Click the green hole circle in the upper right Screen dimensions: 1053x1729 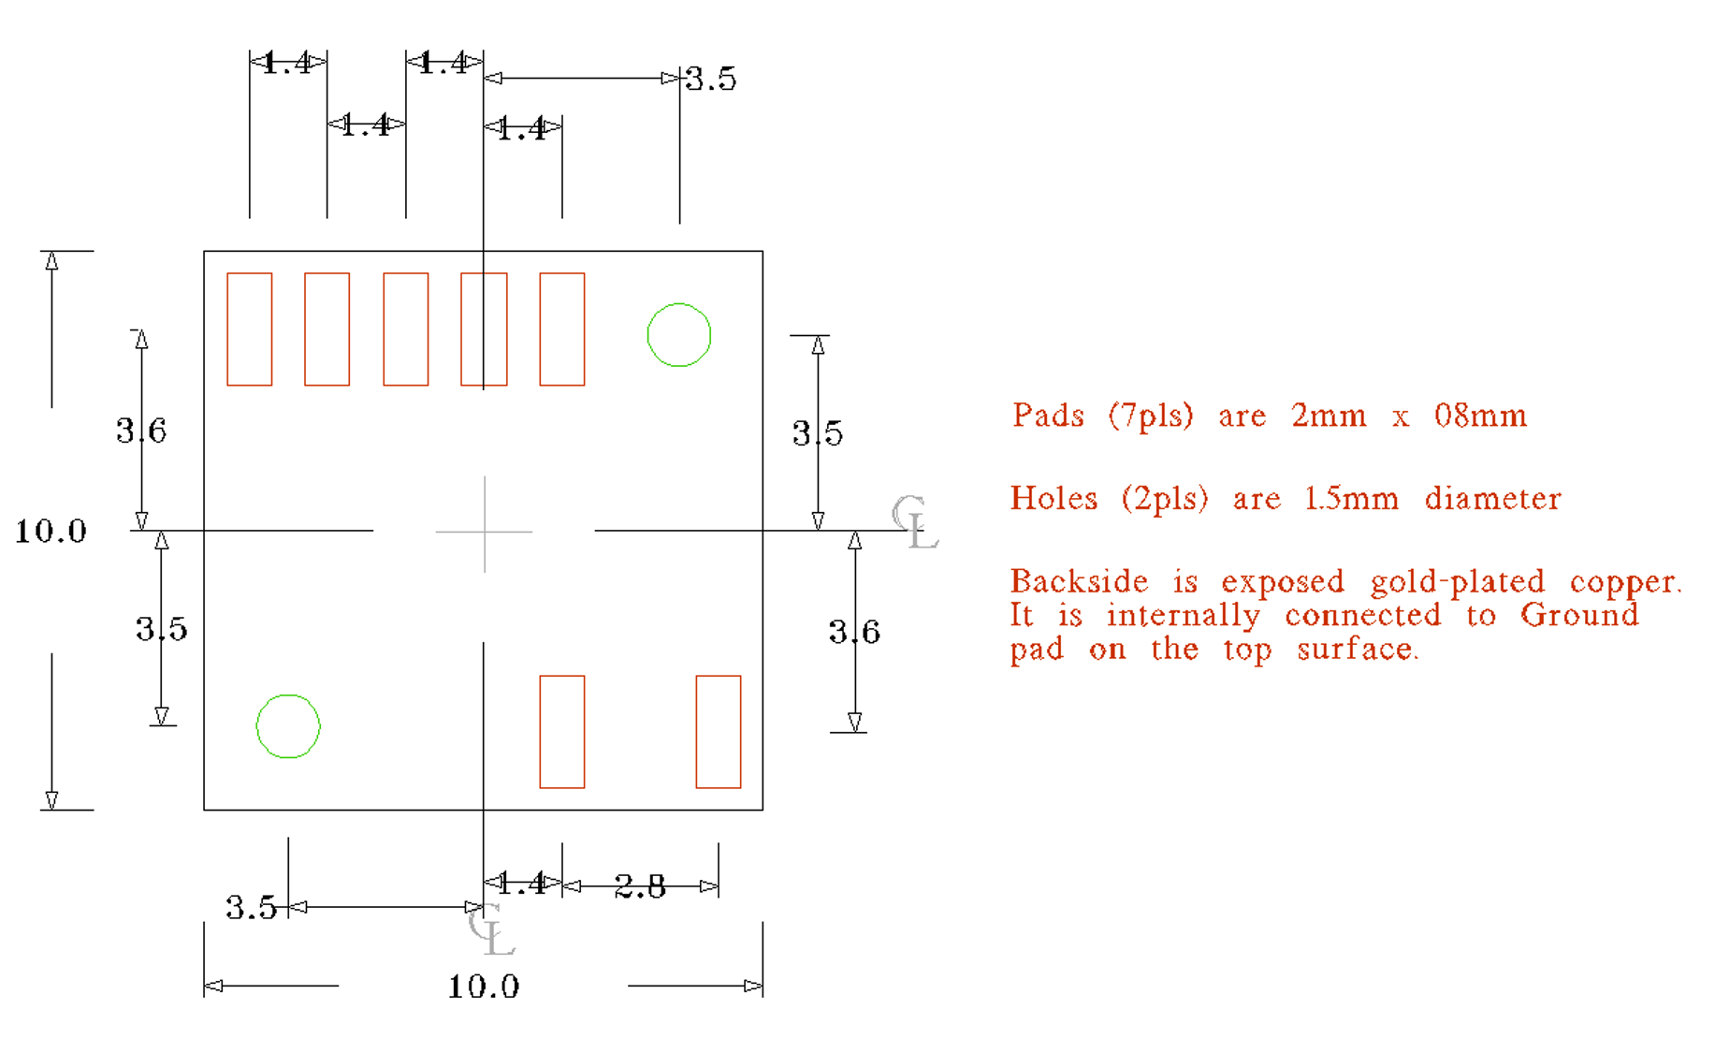click(679, 335)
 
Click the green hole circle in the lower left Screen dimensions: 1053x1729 click(288, 726)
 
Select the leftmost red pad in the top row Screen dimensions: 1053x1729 click(250, 329)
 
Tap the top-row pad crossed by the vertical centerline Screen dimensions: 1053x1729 click(484, 329)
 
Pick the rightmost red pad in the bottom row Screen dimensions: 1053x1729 click(719, 732)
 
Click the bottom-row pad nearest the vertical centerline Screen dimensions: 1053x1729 click(562, 732)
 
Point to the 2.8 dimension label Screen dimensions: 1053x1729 click(640, 886)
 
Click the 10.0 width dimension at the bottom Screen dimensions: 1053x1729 click(483, 987)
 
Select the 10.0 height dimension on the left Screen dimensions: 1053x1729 click(51, 532)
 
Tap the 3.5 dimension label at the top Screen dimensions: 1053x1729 click(711, 80)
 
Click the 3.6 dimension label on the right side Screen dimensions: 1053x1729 click(854, 633)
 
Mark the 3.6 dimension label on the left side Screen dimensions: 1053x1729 click(141, 431)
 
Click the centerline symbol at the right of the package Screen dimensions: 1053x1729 click(914, 522)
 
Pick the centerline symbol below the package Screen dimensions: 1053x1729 click(491, 929)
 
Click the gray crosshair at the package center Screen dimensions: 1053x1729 click(485, 532)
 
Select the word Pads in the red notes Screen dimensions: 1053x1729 click(1048, 415)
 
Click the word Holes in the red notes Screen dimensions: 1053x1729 click(1053, 498)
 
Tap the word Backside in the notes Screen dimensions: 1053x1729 click(1079, 581)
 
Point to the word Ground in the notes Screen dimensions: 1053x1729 click(1579, 615)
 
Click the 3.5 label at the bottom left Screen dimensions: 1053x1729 click(251, 908)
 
